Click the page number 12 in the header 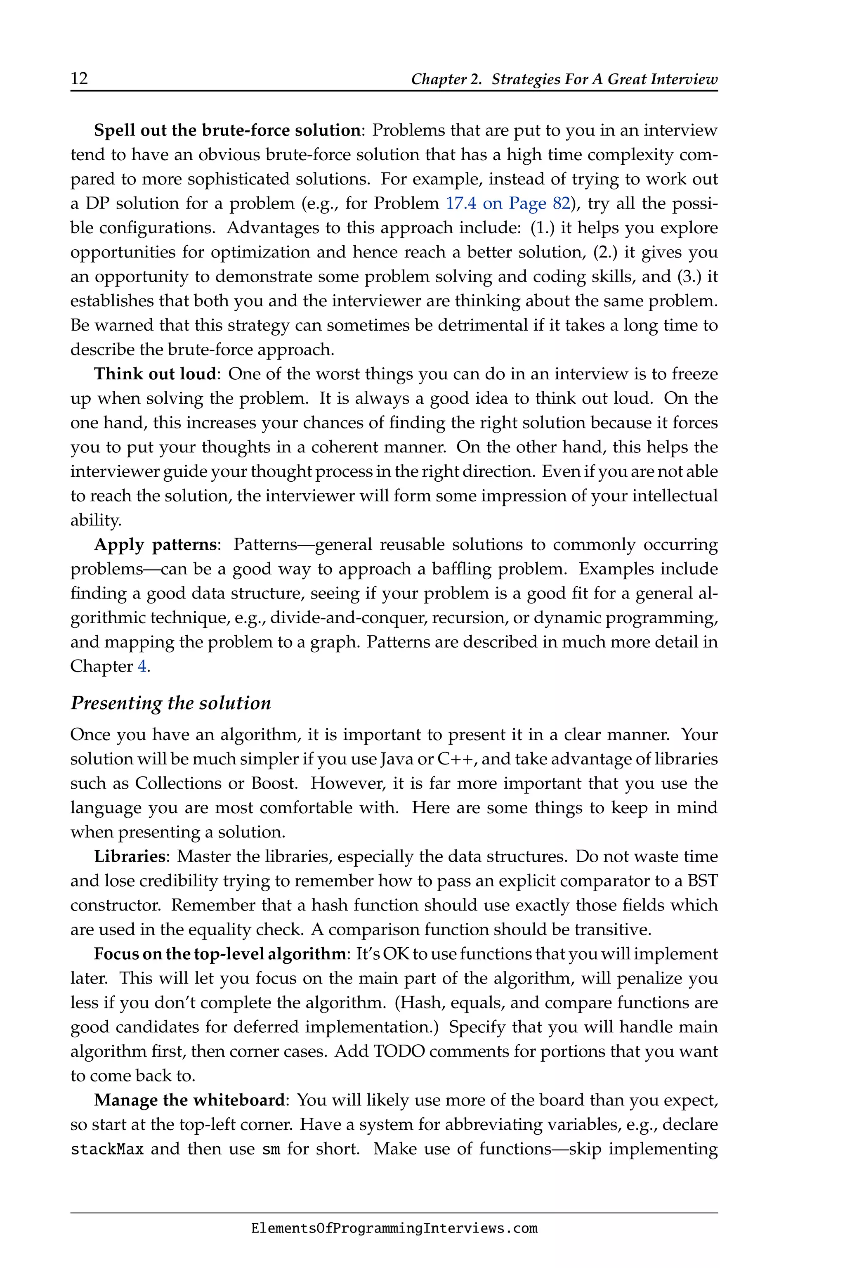click(79, 79)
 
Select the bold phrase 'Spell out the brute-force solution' click(227, 130)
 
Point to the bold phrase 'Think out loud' click(155, 374)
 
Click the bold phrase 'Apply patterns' click(155, 544)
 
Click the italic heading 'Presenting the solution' click(171, 703)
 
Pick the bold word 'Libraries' click(129, 856)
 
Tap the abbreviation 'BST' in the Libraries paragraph click(702, 881)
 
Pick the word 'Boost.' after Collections click(274, 783)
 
